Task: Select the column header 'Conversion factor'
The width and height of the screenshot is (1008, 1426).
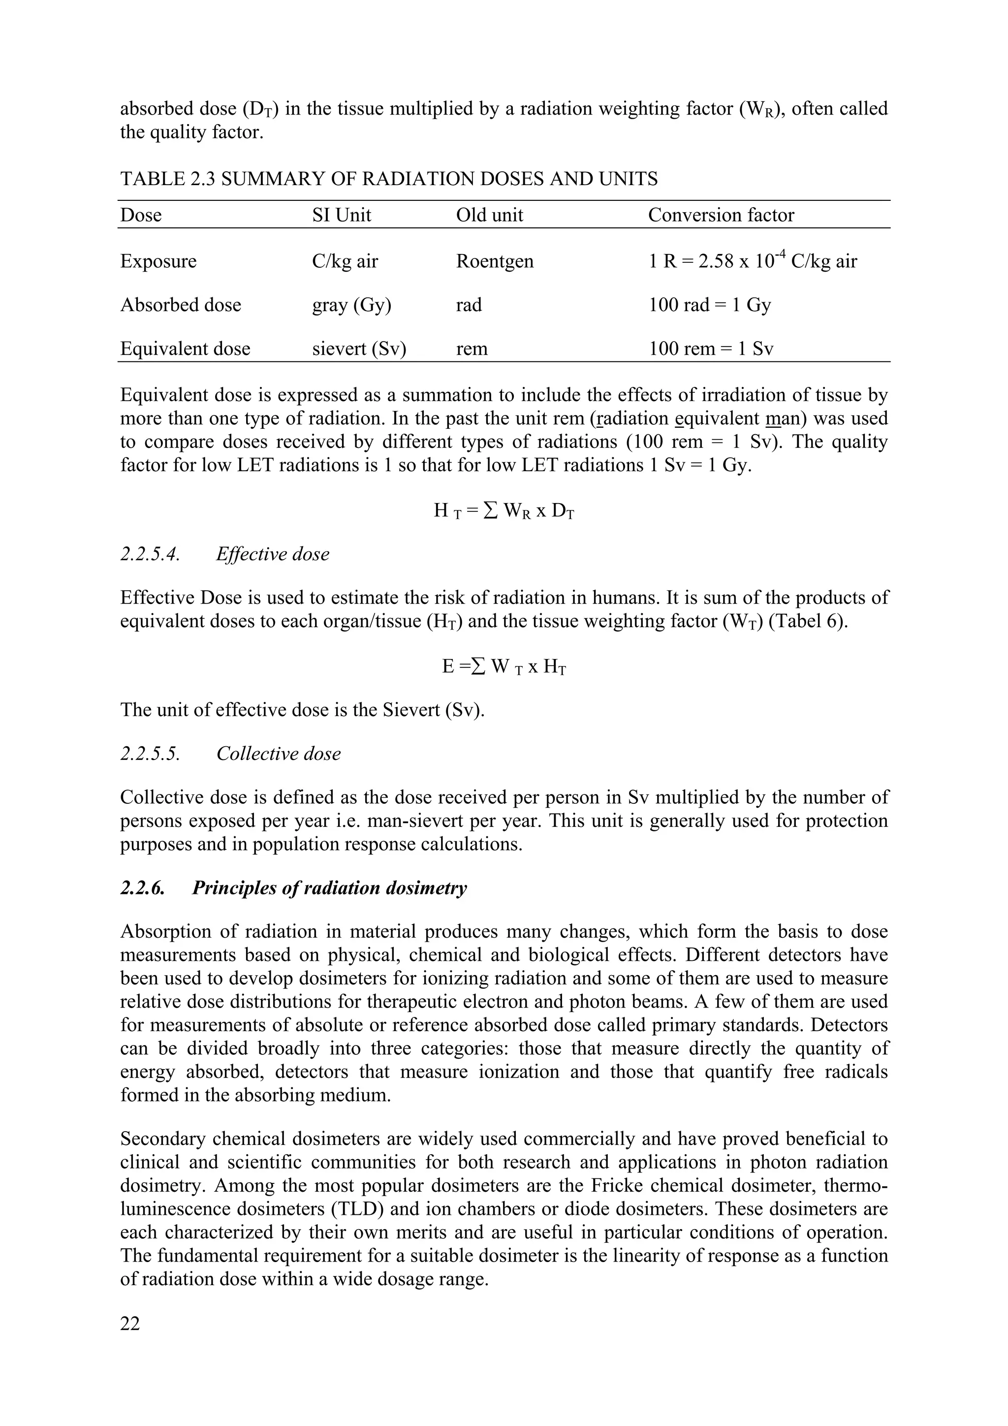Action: (x=721, y=215)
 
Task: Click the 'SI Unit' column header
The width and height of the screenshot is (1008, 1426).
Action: (x=341, y=215)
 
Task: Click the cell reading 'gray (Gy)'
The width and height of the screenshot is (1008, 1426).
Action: (x=351, y=305)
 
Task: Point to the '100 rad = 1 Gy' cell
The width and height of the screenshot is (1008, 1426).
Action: (x=709, y=305)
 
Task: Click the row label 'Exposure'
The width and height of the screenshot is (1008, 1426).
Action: (x=158, y=261)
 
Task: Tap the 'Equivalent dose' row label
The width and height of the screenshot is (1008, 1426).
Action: (x=185, y=349)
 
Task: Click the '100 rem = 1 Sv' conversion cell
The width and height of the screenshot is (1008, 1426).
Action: (x=711, y=349)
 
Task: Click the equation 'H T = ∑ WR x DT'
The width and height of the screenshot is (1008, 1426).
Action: (x=503, y=511)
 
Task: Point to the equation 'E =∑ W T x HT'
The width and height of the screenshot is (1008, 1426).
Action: (x=503, y=666)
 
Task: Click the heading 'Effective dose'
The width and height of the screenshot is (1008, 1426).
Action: (x=273, y=554)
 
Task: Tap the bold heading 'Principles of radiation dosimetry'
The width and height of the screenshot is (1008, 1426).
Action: (x=329, y=888)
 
